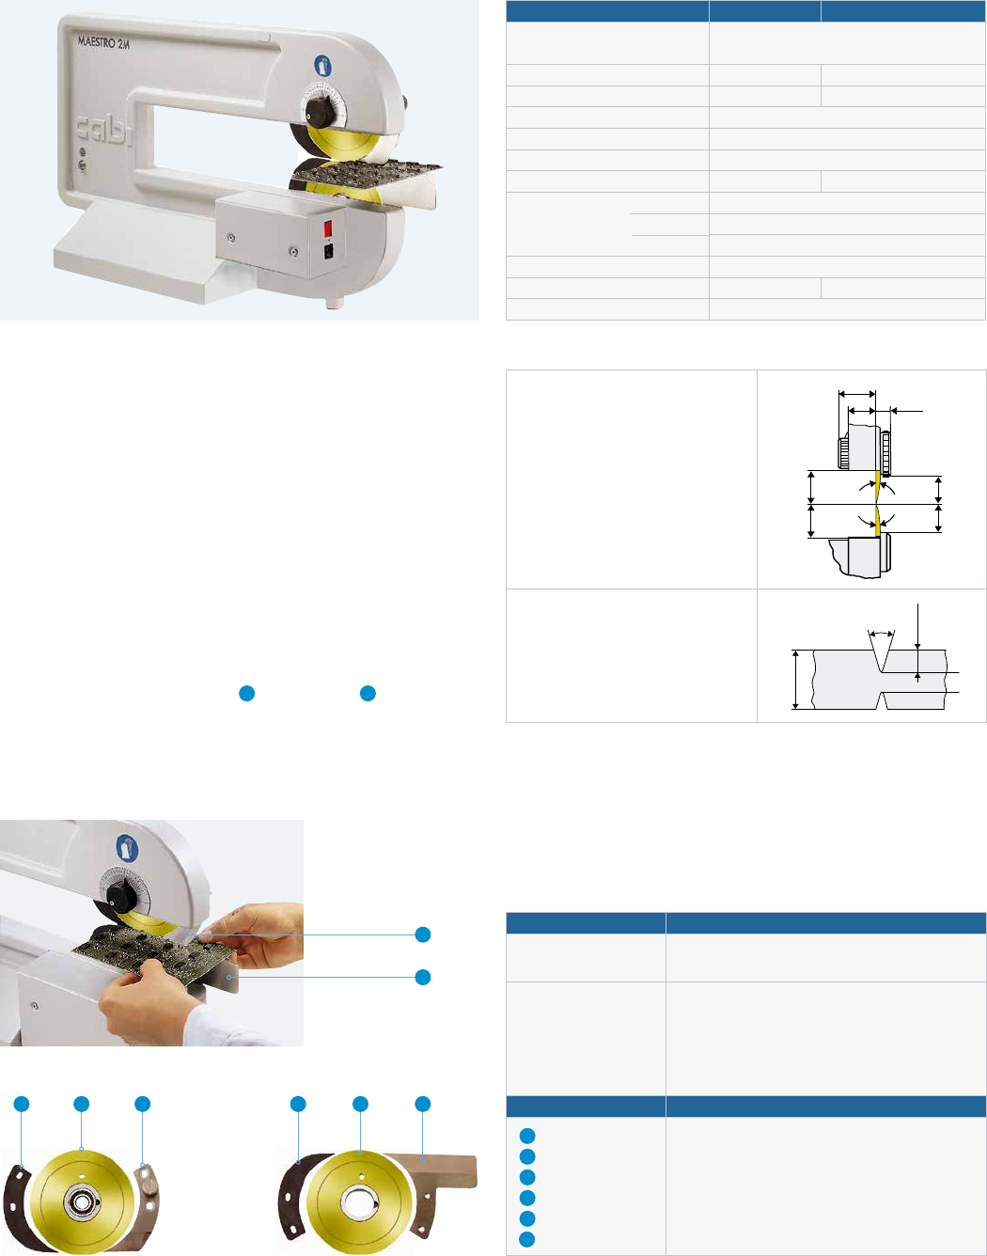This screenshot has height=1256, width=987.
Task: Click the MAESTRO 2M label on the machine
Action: click(x=104, y=42)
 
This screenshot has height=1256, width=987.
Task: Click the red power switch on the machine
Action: click(x=327, y=228)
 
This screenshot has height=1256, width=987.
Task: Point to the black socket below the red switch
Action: click(x=328, y=251)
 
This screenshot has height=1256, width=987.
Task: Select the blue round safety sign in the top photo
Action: click(x=322, y=65)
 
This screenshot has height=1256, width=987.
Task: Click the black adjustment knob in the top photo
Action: click(x=318, y=112)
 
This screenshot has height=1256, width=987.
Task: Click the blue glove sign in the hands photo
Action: click(x=127, y=848)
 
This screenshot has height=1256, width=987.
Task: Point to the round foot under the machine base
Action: click(x=335, y=303)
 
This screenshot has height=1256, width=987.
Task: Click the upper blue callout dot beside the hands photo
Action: click(x=423, y=934)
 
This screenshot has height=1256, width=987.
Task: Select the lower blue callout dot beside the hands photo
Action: click(x=423, y=978)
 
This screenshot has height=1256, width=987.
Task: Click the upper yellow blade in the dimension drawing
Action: click(x=877, y=484)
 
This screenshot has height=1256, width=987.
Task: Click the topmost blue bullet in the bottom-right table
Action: click(x=527, y=1136)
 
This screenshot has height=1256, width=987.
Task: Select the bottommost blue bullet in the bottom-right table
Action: click(x=527, y=1239)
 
